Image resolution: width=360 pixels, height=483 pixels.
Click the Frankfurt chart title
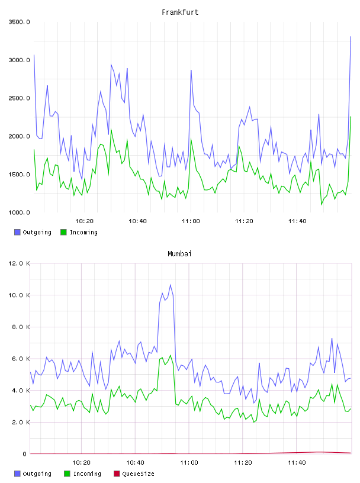pyautogui.click(x=180, y=12)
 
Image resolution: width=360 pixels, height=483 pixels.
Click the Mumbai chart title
pyautogui.click(x=179, y=254)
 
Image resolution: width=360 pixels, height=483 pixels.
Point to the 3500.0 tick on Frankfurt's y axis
pyautogui.click(x=19, y=22)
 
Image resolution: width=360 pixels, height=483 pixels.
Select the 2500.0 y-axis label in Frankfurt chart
pyautogui.click(x=19, y=98)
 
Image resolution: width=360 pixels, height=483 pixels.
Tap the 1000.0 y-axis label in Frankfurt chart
pyautogui.click(x=19, y=212)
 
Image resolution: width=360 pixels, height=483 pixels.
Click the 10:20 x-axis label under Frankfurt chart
pyautogui.click(x=84, y=221)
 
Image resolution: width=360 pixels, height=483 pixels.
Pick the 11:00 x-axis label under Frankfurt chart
pyautogui.click(x=191, y=221)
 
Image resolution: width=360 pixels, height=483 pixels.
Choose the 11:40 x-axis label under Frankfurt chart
pyautogui.click(x=297, y=221)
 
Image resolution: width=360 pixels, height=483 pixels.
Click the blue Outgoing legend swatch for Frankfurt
pyautogui.click(x=17, y=232)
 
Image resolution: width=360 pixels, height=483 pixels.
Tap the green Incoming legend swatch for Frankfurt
pyautogui.click(x=63, y=232)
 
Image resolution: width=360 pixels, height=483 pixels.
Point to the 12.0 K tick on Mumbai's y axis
pyautogui.click(x=19, y=263)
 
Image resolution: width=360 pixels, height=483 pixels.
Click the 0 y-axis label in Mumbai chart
pyautogui.click(x=24, y=454)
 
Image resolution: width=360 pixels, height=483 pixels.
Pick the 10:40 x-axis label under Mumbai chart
pyautogui.click(x=135, y=463)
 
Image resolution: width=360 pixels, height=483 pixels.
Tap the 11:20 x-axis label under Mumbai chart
pyautogui.click(x=243, y=463)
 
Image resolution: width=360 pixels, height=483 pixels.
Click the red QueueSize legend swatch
pyautogui.click(x=117, y=474)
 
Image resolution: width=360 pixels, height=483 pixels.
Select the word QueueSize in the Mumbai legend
pyautogui.click(x=138, y=474)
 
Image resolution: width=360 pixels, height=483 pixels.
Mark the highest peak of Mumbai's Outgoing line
pyautogui.click(x=171, y=285)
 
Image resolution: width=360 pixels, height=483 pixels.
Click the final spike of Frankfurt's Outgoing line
pyautogui.click(x=351, y=37)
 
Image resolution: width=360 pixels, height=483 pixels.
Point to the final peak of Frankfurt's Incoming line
pyautogui.click(x=351, y=117)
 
